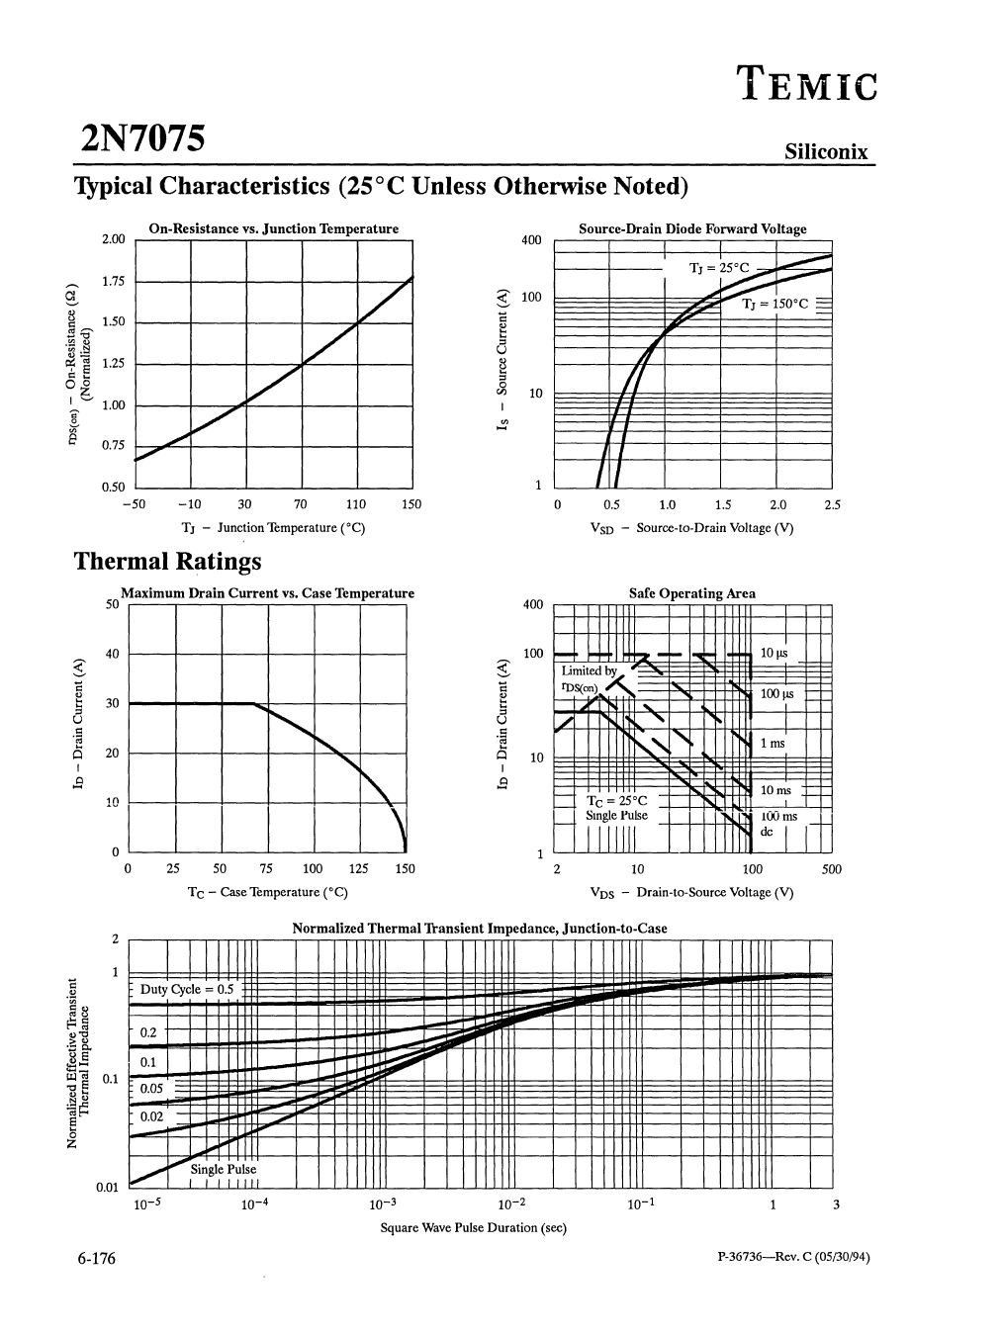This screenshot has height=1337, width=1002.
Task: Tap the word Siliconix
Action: click(x=826, y=151)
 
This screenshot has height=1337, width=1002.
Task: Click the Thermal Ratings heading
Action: click(x=168, y=562)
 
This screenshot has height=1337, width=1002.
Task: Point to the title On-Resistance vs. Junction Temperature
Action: click(x=273, y=228)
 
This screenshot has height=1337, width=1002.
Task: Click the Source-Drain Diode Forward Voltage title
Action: click(x=692, y=228)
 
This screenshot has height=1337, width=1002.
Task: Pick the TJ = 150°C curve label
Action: click(x=775, y=304)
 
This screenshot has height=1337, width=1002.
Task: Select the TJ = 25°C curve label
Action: click(x=720, y=268)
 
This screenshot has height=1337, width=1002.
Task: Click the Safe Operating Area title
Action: click(x=692, y=593)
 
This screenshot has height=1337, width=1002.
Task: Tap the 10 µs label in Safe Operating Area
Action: click(x=774, y=653)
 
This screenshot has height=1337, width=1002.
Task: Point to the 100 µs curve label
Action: click(x=776, y=694)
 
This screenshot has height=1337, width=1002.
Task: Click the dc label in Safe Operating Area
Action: click(x=766, y=832)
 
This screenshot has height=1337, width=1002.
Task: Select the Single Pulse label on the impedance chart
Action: click(x=224, y=1169)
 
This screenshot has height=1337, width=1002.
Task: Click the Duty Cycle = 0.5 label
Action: click(x=188, y=989)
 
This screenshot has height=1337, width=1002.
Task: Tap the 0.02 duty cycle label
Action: click(x=151, y=1116)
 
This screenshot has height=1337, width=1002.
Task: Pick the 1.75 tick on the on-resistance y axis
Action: click(x=114, y=282)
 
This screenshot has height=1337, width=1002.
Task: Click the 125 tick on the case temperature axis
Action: click(x=359, y=869)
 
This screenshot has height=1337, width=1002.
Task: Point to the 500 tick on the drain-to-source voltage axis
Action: click(x=831, y=869)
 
